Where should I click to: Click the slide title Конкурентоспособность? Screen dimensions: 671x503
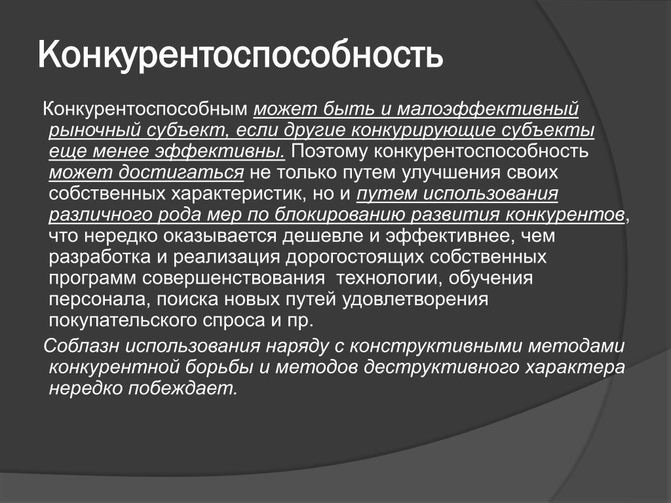(x=240, y=55)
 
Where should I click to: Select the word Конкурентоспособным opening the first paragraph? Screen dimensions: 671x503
(x=145, y=109)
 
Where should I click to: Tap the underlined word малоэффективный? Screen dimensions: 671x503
(x=488, y=110)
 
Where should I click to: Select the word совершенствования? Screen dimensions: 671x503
(x=233, y=278)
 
